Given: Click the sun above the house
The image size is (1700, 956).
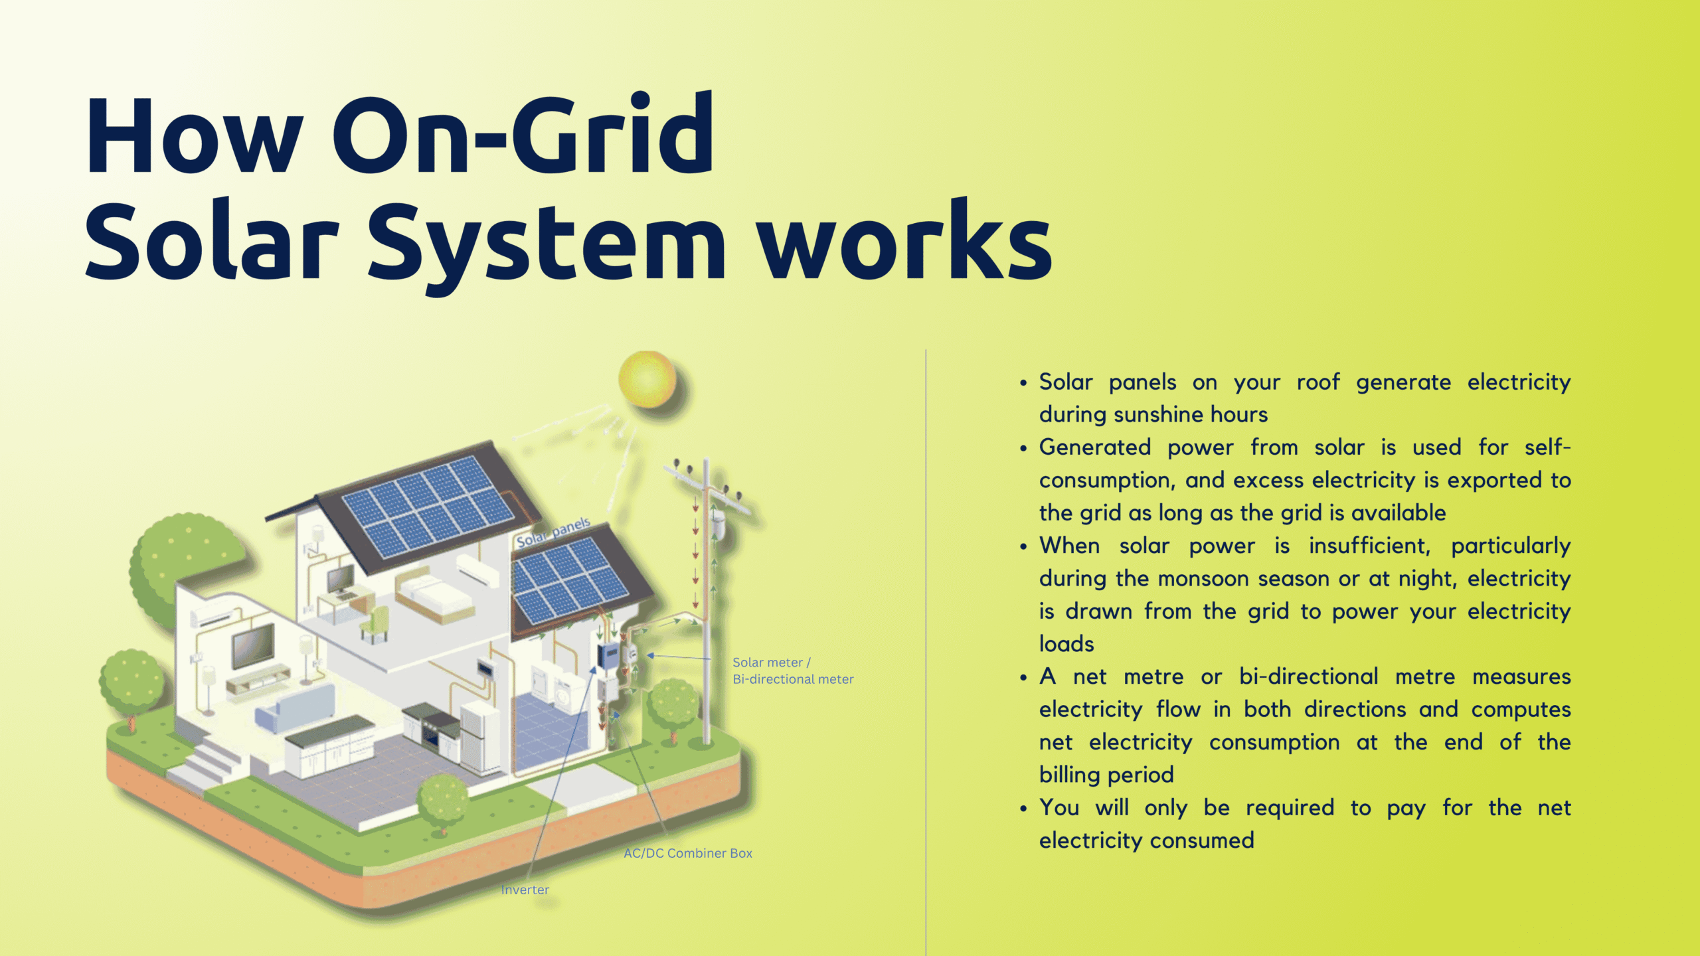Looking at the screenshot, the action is (x=647, y=379).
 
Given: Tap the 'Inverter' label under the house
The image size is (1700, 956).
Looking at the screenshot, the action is (x=525, y=890).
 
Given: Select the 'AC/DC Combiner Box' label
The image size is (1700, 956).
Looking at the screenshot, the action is (x=688, y=853).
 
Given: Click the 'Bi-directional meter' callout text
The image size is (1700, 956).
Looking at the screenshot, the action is (x=793, y=679).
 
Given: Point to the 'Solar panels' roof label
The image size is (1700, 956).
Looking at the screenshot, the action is (x=553, y=532).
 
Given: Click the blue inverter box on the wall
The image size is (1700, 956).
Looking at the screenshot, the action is (x=609, y=656).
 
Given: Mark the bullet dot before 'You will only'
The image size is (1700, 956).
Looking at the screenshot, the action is (x=1023, y=809).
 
